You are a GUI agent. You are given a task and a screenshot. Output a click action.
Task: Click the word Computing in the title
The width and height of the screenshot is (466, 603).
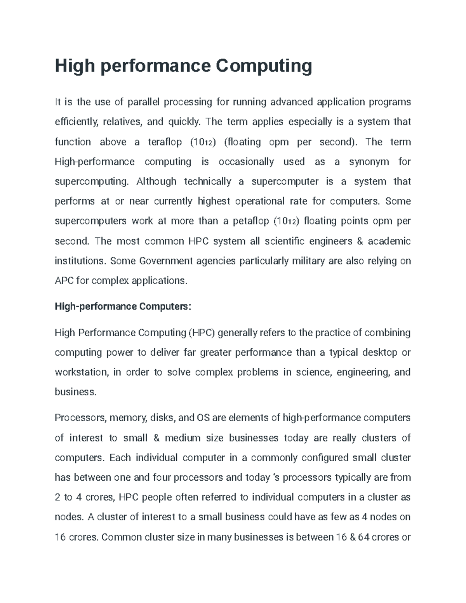(264, 66)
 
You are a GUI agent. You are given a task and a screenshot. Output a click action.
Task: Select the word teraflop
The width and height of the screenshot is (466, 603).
(165, 142)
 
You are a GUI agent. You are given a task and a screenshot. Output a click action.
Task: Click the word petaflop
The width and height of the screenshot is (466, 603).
(251, 221)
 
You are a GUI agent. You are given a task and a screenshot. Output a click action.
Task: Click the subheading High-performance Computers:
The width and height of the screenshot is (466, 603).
(123, 307)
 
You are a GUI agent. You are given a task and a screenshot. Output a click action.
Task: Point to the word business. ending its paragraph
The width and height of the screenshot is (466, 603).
(75, 392)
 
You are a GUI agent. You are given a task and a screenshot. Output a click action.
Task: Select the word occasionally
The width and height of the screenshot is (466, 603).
(247, 162)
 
